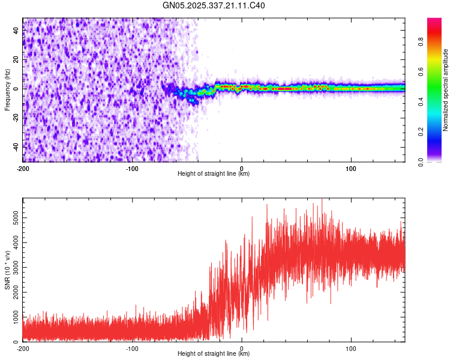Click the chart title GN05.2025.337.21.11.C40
[x=214, y=6]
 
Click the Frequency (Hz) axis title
[x=7, y=90]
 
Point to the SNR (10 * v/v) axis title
[x=7, y=270]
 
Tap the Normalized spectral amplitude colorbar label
[x=446, y=90]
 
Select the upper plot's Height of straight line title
[x=214, y=174]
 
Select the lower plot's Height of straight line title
[x=214, y=354]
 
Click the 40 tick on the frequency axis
[x=16, y=31]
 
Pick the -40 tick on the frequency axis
[x=15, y=146]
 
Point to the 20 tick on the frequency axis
[x=16, y=60]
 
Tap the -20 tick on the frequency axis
[x=15, y=118]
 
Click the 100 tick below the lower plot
[x=351, y=349]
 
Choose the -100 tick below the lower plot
[x=132, y=349]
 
